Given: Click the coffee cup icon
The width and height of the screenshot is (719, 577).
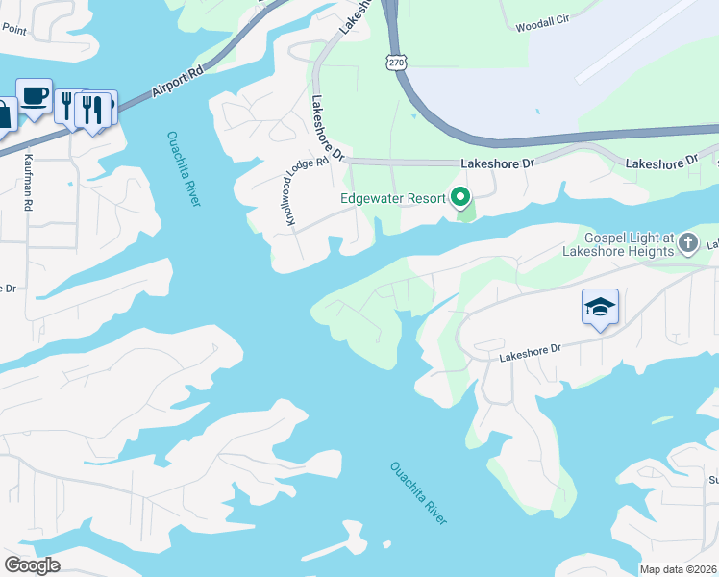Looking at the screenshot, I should pos(35,96).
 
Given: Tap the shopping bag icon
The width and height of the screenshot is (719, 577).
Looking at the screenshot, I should pos(5,113).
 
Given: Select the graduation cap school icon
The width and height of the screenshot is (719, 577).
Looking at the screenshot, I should pos(600,308).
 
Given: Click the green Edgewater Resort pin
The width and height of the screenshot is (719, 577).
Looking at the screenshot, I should pos(460,198).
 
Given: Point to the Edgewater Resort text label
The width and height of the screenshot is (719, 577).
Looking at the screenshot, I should pos(393,199).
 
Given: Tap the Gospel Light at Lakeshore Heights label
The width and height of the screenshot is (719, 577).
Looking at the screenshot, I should pos(630,245).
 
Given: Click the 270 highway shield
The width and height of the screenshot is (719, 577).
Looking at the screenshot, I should pos(397,62).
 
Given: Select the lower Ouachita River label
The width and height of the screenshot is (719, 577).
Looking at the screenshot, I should pos(419,494).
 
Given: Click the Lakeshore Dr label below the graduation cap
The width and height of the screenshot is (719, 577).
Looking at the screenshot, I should pos(529,354).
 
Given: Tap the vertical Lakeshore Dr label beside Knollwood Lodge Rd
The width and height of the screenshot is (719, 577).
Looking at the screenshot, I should pos(324,130).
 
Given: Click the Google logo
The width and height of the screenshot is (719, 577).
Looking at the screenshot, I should pos(32,565).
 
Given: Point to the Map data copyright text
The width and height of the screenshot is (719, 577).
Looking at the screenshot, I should pos(679,569).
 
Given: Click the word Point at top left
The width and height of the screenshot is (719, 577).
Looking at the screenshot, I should pos(13,29).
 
